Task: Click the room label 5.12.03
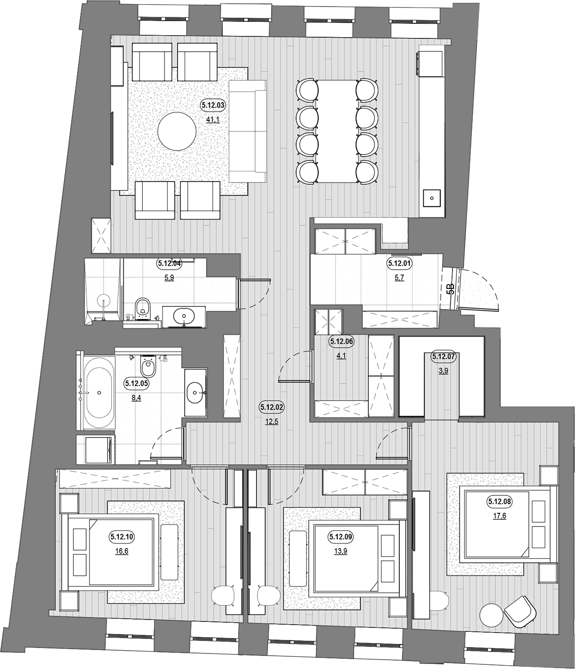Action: click(213, 105)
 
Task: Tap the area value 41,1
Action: click(213, 120)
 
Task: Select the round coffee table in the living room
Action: click(177, 131)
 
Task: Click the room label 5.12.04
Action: click(169, 263)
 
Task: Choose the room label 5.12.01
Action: click(399, 263)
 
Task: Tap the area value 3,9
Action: click(443, 371)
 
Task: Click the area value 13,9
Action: click(341, 551)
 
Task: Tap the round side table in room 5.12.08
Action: click(492, 617)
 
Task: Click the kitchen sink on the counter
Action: click(432, 198)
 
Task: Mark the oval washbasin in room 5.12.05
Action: click(195, 393)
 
